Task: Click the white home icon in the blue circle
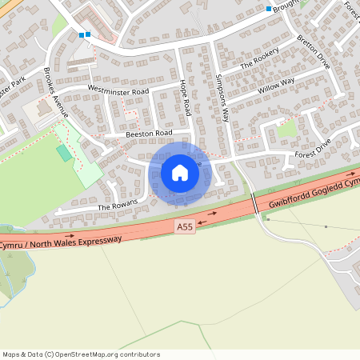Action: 180,172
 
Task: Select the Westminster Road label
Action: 118,91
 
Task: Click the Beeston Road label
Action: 149,134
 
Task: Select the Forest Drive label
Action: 312,149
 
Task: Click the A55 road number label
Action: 185,228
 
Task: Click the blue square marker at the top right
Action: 269,9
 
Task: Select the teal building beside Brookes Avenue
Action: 63,152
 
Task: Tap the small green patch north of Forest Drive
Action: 286,128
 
